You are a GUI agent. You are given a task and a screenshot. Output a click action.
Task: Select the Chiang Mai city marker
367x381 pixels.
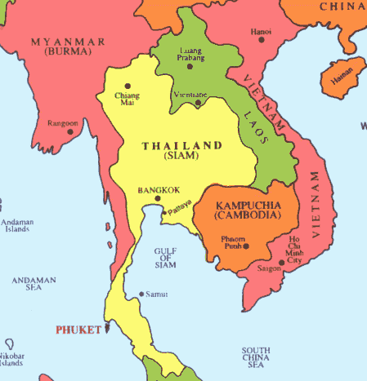point(128,86)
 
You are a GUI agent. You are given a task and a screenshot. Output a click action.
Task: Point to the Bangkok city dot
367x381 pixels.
point(158,197)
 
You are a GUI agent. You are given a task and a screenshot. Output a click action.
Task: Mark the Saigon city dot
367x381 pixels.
point(280,264)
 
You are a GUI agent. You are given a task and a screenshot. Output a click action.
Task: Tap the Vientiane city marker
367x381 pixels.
point(196,103)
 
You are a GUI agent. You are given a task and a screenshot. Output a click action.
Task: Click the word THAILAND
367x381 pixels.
point(182,145)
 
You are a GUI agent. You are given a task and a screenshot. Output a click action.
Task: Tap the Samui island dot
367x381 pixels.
point(140,294)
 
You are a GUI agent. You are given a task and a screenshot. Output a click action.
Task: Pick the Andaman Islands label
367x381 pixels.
point(16,224)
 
